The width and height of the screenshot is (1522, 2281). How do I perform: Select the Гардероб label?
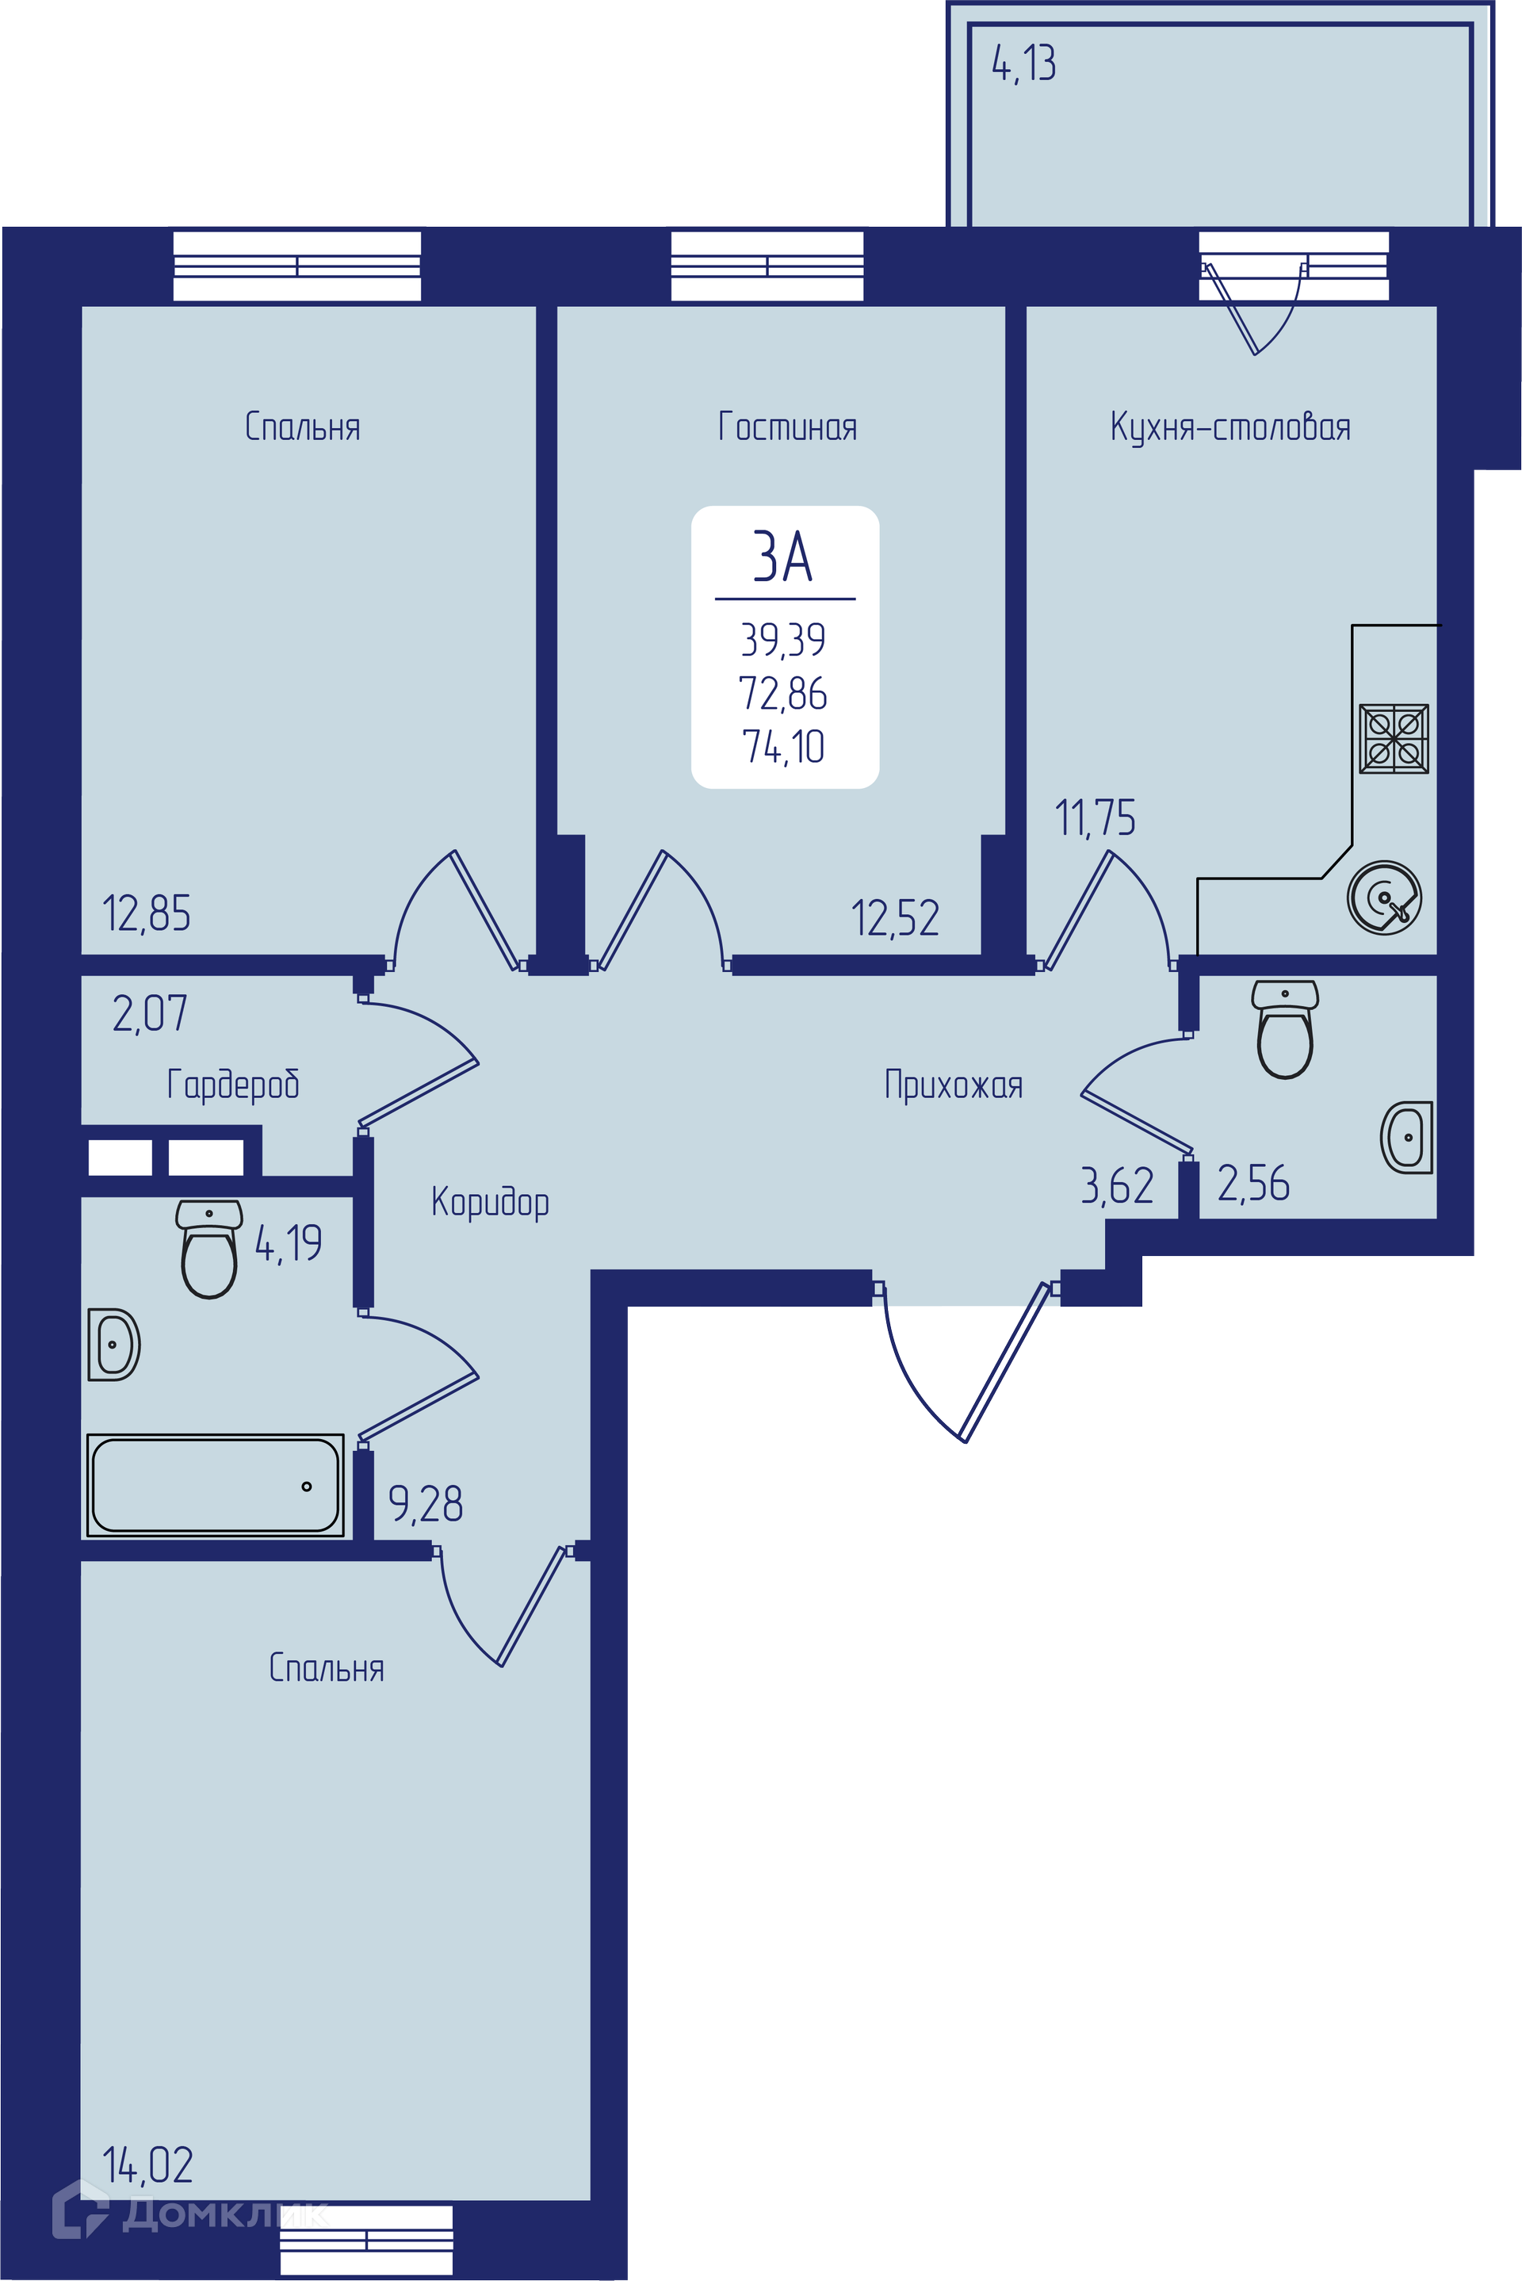click(x=233, y=1084)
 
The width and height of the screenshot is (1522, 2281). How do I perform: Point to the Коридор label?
click(x=490, y=1202)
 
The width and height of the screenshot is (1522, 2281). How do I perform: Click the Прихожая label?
click(x=953, y=1084)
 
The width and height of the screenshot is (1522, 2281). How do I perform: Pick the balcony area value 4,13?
click(x=1024, y=64)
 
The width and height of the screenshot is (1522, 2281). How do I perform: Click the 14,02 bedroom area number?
click(x=147, y=2165)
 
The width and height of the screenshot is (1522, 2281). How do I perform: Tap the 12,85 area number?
click(x=147, y=913)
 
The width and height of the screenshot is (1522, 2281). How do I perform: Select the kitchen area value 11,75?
click(x=1095, y=817)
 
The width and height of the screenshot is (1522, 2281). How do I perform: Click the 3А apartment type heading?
click(x=782, y=556)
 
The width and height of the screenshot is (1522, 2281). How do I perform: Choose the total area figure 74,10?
click(x=783, y=746)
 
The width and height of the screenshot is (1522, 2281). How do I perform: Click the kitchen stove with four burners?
click(x=1394, y=739)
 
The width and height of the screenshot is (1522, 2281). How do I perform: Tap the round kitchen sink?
click(x=1384, y=897)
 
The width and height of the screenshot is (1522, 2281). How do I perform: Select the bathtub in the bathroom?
click(x=216, y=1485)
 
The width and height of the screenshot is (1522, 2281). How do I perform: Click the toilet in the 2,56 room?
click(x=1285, y=1029)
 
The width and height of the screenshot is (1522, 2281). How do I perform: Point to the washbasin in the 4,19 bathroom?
click(x=114, y=1345)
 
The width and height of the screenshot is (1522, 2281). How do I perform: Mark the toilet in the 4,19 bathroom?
click(x=209, y=1250)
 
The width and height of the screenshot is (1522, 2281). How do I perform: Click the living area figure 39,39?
click(x=783, y=640)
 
